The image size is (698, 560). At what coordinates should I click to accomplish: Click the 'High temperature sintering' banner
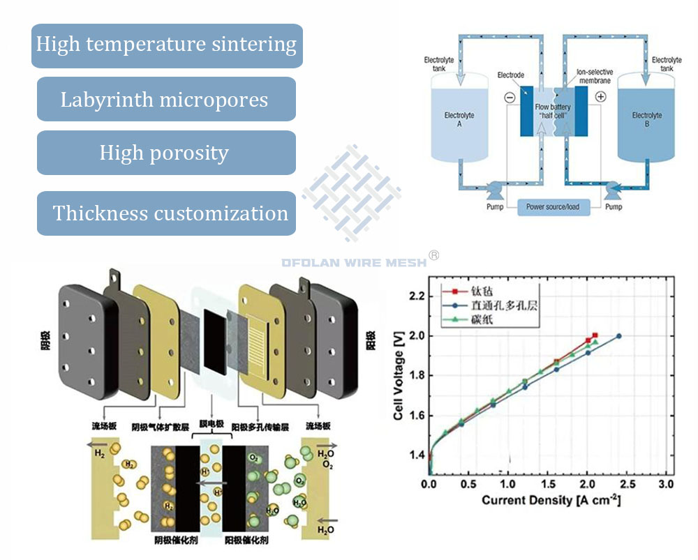pos(167,45)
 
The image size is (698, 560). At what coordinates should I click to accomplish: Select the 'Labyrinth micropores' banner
pos(166,99)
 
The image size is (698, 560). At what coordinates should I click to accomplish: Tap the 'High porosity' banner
pos(166,152)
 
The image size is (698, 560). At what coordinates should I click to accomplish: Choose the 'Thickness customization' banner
pos(166,213)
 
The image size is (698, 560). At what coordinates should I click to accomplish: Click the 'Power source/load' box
pos(552,206)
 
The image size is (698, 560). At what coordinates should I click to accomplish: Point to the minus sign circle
pos(510,98)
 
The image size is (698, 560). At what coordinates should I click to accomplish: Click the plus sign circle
pos(601,98)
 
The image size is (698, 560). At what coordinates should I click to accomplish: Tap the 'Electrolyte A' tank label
pos(459,119)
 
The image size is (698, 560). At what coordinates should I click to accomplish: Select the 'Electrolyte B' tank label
pos(647,119)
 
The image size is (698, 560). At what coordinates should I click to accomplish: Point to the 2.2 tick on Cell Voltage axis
pos(417,296)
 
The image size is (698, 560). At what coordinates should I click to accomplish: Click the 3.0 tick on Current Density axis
pos(667,484)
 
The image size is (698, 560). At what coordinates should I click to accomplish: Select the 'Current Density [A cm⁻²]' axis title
pos(551,501)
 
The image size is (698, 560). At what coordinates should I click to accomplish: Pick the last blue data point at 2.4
pos(618,336)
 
